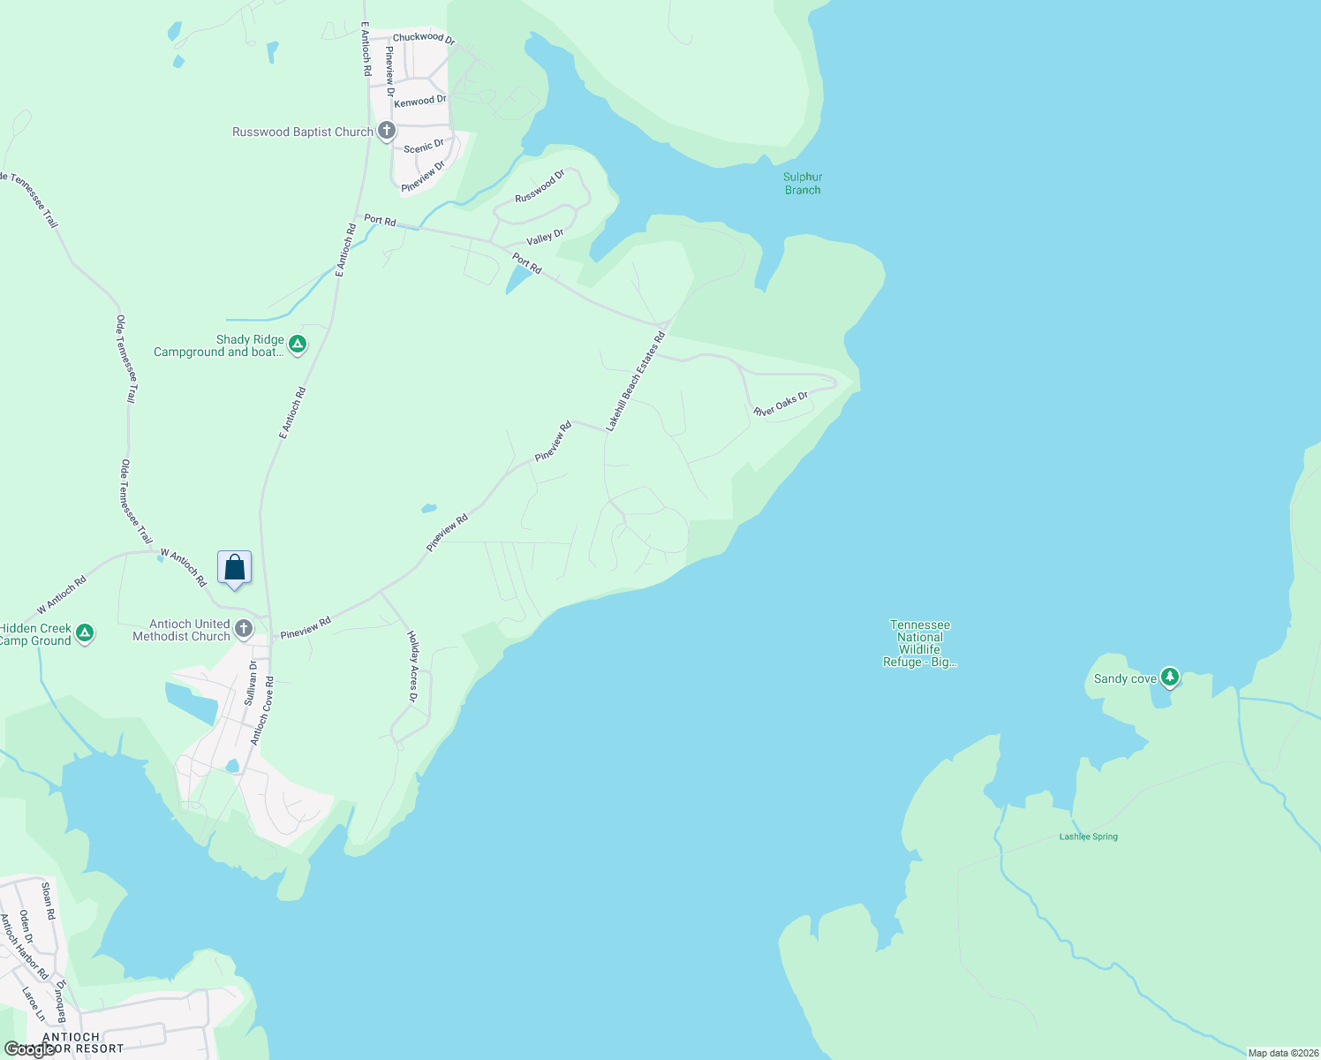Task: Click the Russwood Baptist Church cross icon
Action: pyautogui.click(x=386, y=132)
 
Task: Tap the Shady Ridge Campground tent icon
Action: pyautogui.click(x=298, y=344)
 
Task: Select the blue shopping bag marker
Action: pyautogui.click(x=234, y=568)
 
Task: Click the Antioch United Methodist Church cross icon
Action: pyautogui.click(x=244, y=630)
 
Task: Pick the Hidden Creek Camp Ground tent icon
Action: pyautogui.click(x=85, y=633)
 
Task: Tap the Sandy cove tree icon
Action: pyautogui.click(x=1170, y=678)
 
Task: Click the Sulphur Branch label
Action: pyautogui.click(x=803, y=184)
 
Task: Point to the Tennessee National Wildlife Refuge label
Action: pyautogui.click(x=920, y=643)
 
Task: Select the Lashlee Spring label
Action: pyautogui.click(x=1089, y=837)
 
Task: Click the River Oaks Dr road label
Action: pyautogui.click(x=781, y=405)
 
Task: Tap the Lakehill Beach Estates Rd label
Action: pyautogui.click(x=635, y=382)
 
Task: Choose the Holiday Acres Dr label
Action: pyautogui.click(x=412, y=666)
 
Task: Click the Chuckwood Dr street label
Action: pyautogui.click(x=423, y=38)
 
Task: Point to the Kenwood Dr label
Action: pyautogui.click(x=419, y=102)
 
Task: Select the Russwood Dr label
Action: pyautogui.click(x=539, y=186)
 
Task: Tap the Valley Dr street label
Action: pyautogui.click(x=545, y=238)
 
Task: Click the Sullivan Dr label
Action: pyautogui.click(x=251, y=683)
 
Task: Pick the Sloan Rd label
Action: pyautogui.click(x=49, y=900)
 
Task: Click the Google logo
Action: pyautogui.click(x=28, y=1049)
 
